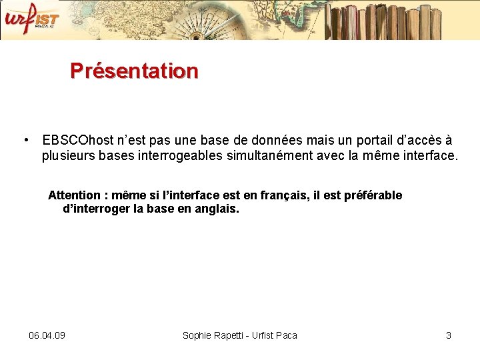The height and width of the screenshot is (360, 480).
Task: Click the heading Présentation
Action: (134, 71)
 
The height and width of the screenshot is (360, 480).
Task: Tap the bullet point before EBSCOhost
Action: (25, 140)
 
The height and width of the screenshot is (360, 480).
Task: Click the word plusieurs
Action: (68, 157)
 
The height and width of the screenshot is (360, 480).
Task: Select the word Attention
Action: (74, 195)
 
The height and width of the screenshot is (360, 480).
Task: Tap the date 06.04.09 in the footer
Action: (47, 335)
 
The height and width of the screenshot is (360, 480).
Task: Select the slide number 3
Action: (449, 335)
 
